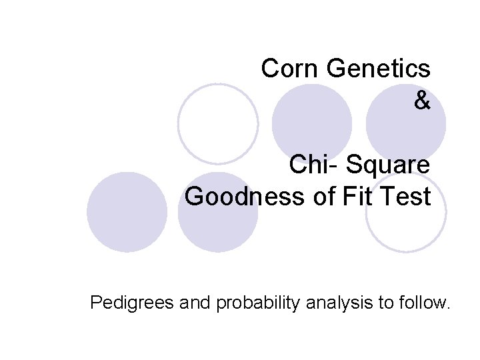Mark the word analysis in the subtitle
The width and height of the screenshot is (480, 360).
pyautogui.click(x=340, y=304)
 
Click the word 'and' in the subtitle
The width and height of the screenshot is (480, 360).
pyautogui.click(x=197, y=304)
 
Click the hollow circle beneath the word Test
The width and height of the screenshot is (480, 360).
pyautogui.click(x=406, y=220)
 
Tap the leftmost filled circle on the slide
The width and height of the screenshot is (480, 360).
pyautogui.click(x=127, y=212)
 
